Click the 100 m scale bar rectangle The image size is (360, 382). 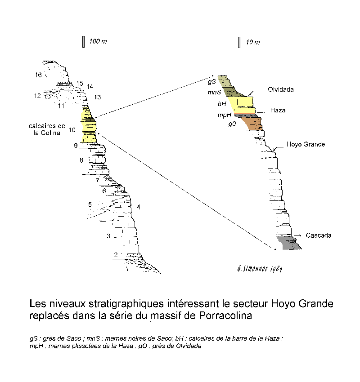tap(83, 42)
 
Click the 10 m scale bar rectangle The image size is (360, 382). tap(239, 42)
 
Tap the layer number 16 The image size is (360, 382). tap(38, 75)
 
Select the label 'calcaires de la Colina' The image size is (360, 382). tap(47, 129)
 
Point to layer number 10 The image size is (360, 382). tap(72, 130)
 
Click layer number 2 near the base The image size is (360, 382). tap(116, 255)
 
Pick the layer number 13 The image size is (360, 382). tap(97, 97)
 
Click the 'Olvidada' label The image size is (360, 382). tap(281, 89)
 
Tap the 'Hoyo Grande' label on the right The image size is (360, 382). tap(306, 144)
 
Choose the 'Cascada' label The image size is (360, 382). tap(319, 235)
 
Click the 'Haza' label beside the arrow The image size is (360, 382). tap(278, 111)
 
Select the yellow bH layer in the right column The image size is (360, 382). tap(243, 105)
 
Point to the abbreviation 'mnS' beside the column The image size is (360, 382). tap(214, 92)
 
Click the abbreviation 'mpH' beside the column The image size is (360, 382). tap(224, 115)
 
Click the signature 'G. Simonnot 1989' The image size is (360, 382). tap(260, 269)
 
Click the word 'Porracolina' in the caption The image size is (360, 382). tap(225, 315)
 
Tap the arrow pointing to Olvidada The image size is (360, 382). tap(255, 92)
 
